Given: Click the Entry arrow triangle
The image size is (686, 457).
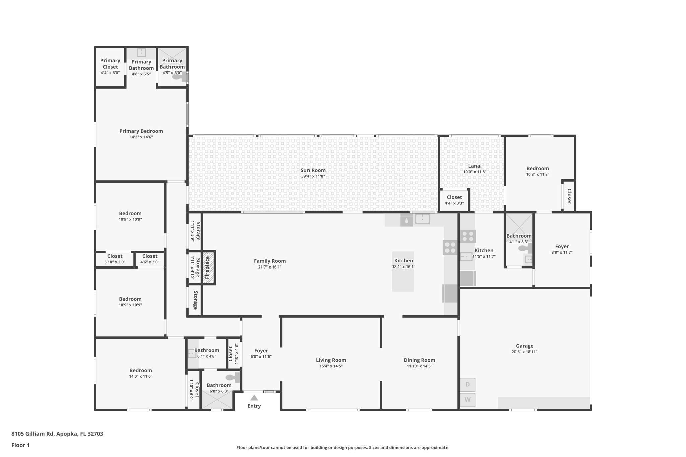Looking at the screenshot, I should [x=254, y=398].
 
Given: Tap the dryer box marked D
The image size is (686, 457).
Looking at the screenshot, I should [x=467, y=385].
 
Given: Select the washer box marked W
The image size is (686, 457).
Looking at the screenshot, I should [x=467, y=400].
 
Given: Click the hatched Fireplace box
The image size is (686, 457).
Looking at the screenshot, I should [x=208, y=268].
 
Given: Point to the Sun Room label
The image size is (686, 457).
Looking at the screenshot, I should [x=313, y=170].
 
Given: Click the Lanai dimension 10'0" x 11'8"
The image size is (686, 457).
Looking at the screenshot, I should [x=475, y=172].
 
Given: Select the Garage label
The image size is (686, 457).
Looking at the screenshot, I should [x=524, y=346].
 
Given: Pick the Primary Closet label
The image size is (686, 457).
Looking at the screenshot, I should [x=110, y=63].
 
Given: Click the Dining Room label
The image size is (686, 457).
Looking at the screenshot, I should [x=419, y=360].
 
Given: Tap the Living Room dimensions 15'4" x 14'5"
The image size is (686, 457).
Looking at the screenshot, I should [x=331, y=366].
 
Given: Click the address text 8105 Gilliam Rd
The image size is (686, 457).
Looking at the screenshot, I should [x=32, y=434].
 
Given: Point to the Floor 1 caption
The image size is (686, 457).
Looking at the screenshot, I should [x=20, y=445].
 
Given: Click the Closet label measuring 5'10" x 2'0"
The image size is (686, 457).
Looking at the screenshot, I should [x=115, y=256].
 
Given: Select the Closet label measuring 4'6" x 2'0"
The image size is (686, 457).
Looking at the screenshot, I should [x=150, y=256].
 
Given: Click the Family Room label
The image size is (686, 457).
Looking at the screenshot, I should [x=270, y=261].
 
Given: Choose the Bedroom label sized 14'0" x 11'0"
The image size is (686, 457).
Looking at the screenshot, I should [x=141, y=370].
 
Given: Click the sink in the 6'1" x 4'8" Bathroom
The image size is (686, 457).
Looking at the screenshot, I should [x=192, y=354].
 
